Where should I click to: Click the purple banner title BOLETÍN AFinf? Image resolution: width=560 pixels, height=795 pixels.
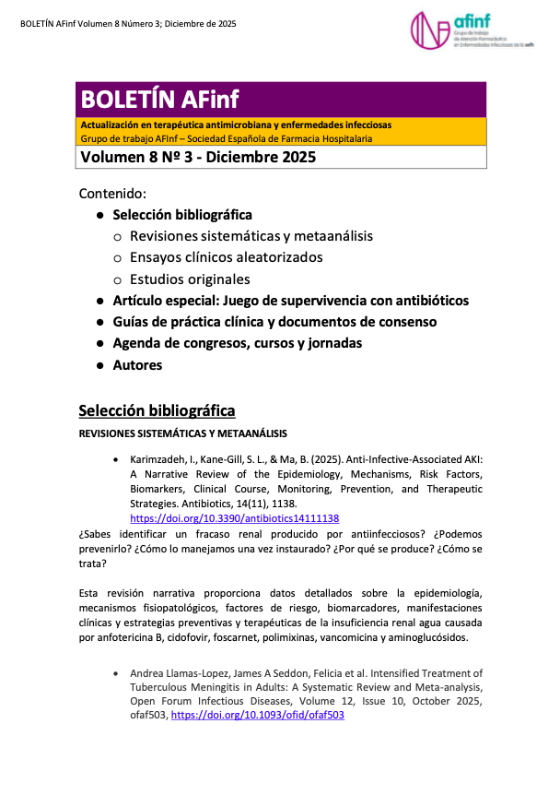pyautogui.click(x=159, y=100)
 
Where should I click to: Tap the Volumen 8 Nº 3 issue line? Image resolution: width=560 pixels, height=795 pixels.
pyautogui.click(x=198, y=157)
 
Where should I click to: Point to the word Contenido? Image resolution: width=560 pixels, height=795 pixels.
pyautogui.click(x=113, y=194)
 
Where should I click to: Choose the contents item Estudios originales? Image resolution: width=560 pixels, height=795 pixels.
pyautogui.click(x=190, y=279)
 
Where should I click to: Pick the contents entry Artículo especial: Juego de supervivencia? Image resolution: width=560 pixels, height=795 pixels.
pyautogui.click(x=290, y=301)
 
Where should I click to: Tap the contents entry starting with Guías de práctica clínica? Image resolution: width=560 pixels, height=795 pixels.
pyautogui.click(x=274, y=322)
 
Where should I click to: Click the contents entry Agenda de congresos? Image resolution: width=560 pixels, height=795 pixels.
pyautogui.click(x=237, y=343)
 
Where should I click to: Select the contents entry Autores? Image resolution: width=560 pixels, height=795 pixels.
pyautogui.click(x=137, y=365)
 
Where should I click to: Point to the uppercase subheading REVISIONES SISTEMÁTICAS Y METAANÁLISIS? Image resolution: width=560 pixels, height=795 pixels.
pyautogui.click(x=183, y=433)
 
